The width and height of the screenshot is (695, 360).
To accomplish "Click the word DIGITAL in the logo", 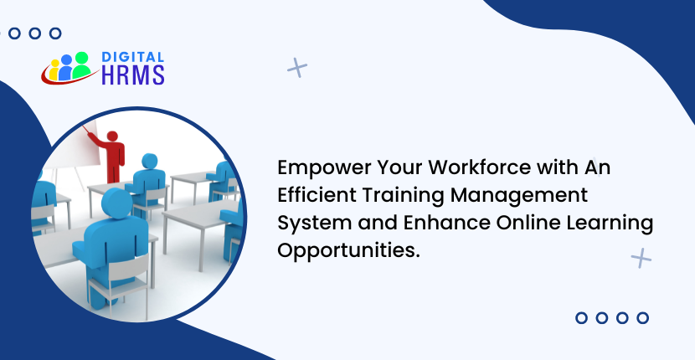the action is click(132, 57).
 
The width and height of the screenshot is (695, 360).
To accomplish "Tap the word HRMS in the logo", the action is click(133, 75).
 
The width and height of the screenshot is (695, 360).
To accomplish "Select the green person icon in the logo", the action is click(81, 64).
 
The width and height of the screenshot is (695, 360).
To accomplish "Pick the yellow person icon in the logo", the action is click(54, 70).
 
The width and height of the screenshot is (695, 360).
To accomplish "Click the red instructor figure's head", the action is click(112, 136).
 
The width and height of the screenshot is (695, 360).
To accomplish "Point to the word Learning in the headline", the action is click(610, 224).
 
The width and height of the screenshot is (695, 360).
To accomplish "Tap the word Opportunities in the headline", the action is click(348, 251).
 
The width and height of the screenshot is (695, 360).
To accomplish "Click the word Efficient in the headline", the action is click(317, 196).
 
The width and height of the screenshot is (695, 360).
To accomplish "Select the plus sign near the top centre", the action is click(297, 68).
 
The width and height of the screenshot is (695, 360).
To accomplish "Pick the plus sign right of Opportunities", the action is click(641, 258).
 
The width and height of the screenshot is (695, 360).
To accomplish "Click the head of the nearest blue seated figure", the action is click(117, 203).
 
